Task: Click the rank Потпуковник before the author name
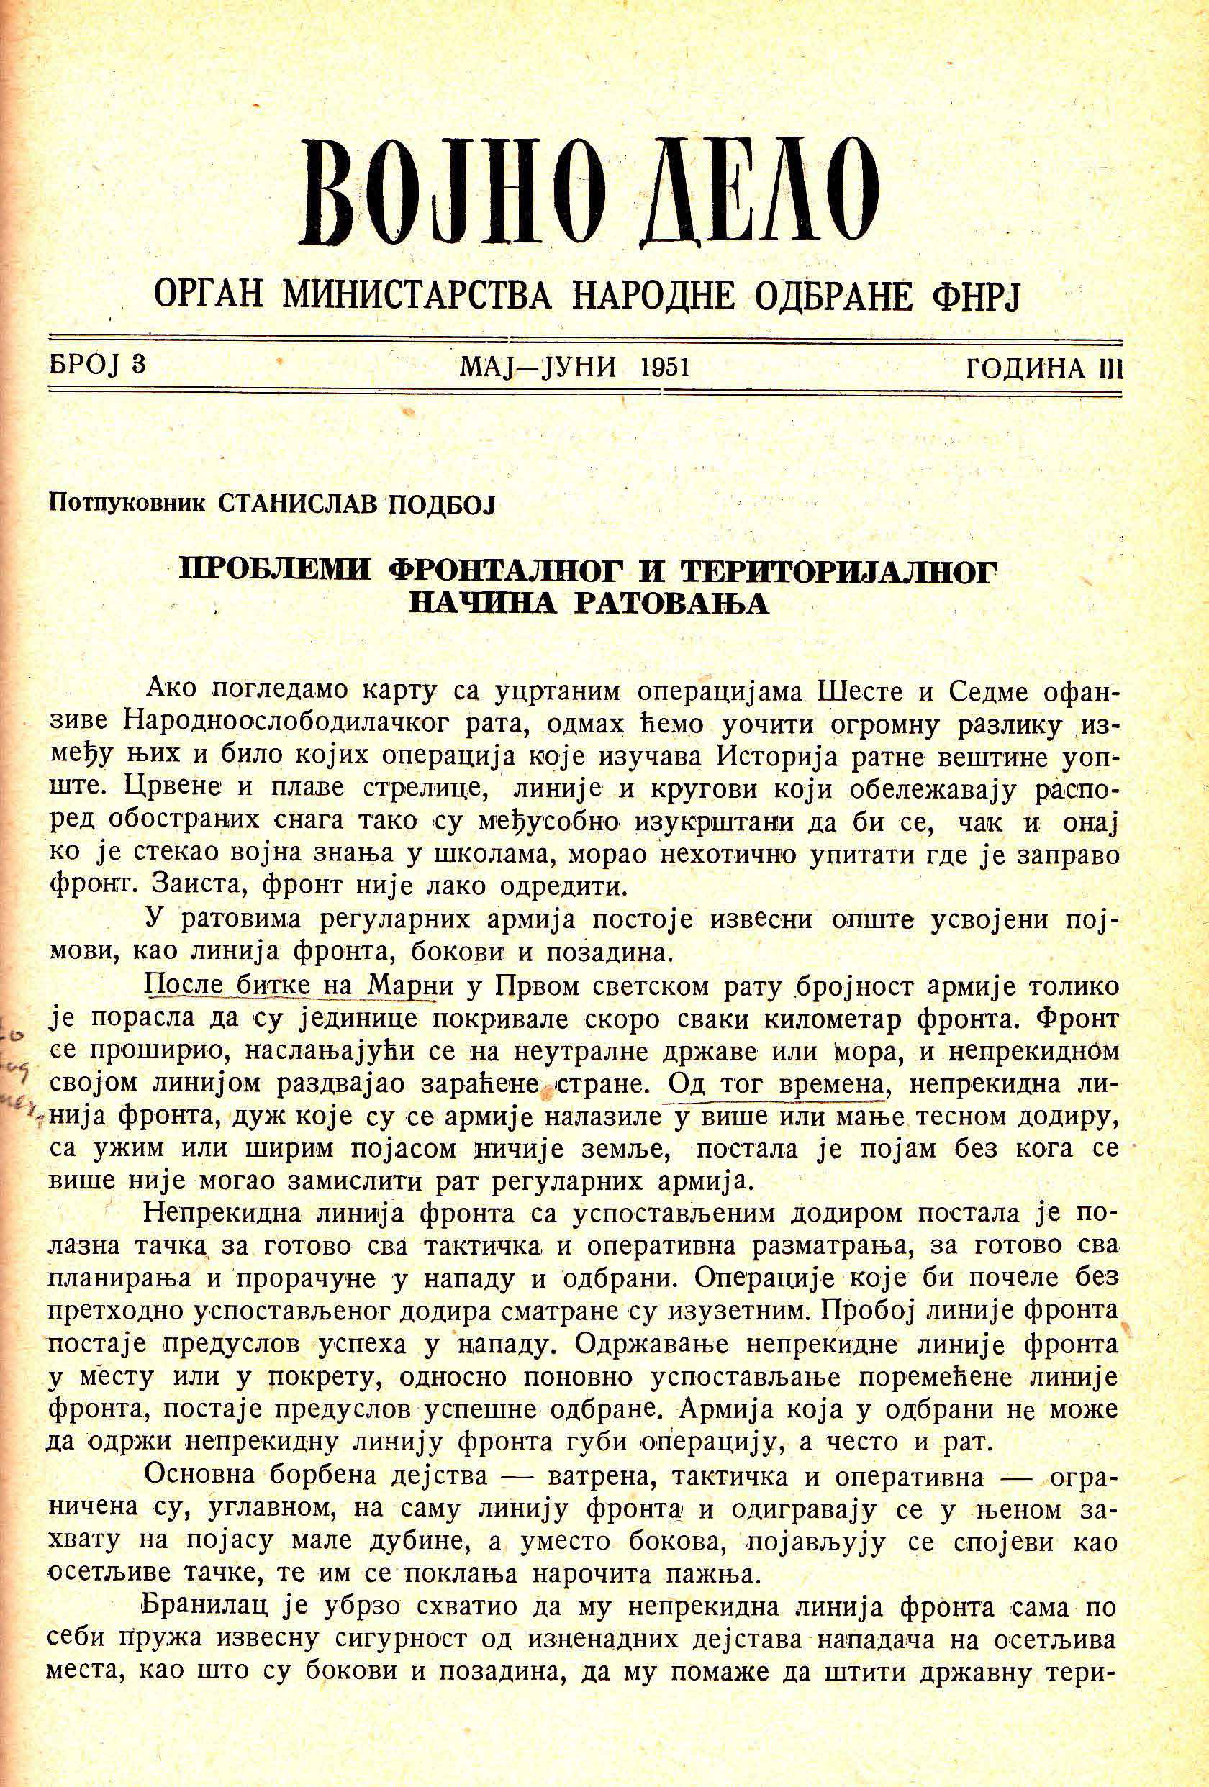pyautogui.click(x=127, y=504)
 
